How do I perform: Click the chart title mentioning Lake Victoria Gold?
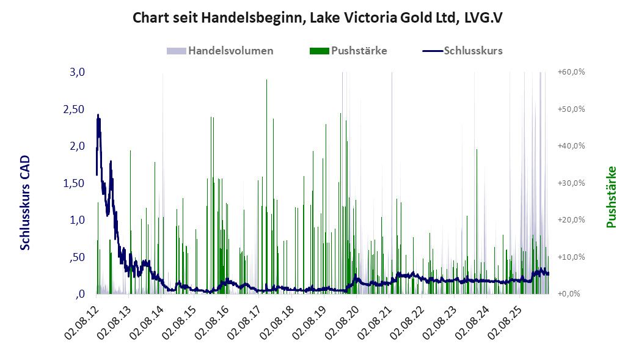[318, 18]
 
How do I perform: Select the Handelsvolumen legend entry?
[220, 51]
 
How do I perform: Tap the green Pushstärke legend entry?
[348, 51]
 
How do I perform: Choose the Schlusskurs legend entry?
[463, 51]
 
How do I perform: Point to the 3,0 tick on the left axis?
[77, 72]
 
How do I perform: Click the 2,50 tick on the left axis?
[74, 109]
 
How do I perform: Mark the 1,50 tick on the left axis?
[74, 183]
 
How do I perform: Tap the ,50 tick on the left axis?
[77, 257]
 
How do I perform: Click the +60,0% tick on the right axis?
[571, 72]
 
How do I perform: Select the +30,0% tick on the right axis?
[571, 183]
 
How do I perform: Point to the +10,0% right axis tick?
[571, 257]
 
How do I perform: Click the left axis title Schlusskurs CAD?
[25, 202]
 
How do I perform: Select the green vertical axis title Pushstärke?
[611, 197]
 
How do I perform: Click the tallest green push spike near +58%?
[266, 185]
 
